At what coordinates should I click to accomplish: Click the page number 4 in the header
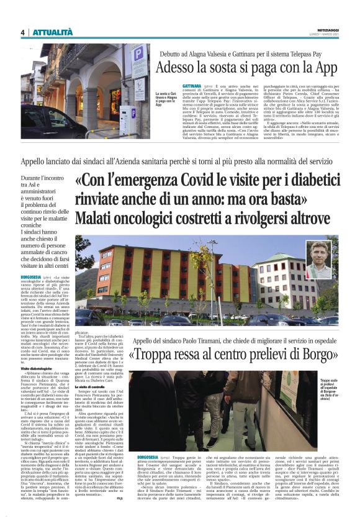pyautogui.click(x=22, y=32)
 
